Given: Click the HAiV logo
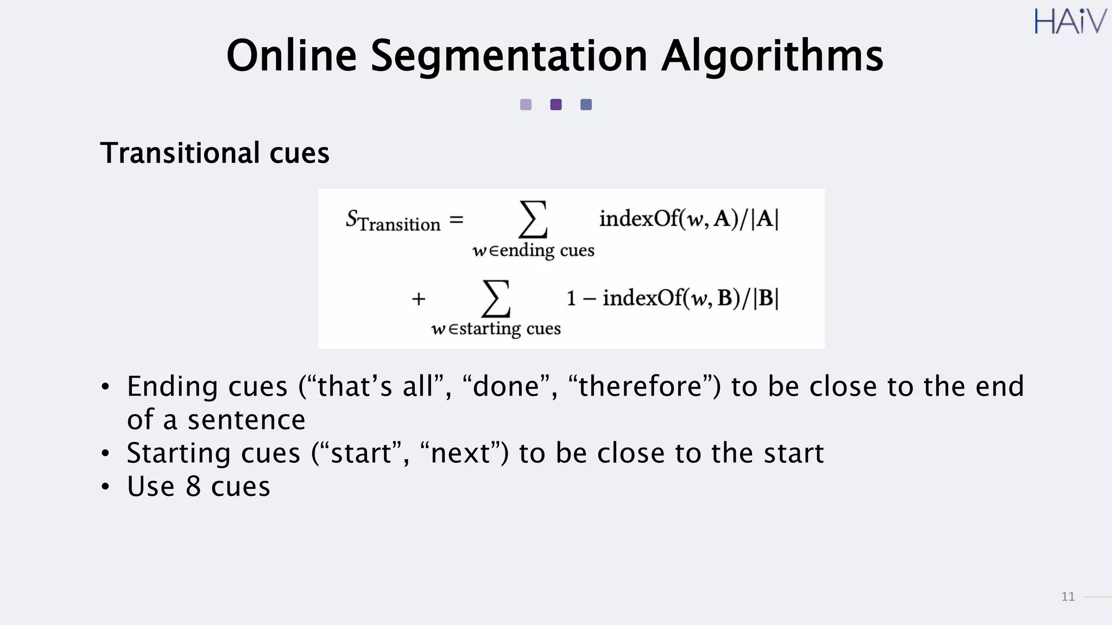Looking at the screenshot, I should pyautogui.click(x=1070, y=22).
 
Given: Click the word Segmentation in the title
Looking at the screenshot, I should pyautogui.click(x=509, y=56).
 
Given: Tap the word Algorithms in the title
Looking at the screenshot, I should pyautogui.click(x=772, y=56).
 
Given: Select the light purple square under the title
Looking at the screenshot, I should pyautogui.click(x=526, y=105).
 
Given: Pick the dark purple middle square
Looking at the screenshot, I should pyautogui.click(x=555, y=105).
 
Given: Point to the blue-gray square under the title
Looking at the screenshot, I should pyautogui.click(x=586, y=105).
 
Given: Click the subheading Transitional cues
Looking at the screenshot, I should pyautogui.click(x=214, y=153).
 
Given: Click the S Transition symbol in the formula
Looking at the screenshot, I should pyautogui.click(x=393, y=221).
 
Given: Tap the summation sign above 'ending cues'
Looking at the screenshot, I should pyautogui.click(x=533, y=219).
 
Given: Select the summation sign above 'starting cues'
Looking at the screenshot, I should pyautogui.click(x=496, y=298).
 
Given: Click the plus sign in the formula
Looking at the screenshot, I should pyautogui.click(x=418, y=299).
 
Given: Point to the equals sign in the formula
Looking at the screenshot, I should pyautogui.click(x=457, y=220).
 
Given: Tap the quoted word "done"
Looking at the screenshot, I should pyautogui.click(x=506, y=387).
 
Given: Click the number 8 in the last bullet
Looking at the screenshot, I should pyautogui.click(x=193, y=486).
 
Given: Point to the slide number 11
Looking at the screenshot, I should pyautogui.click(x=1067, y=597).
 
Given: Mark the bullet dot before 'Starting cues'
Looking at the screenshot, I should pyautogui.click(x=105, y=454).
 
